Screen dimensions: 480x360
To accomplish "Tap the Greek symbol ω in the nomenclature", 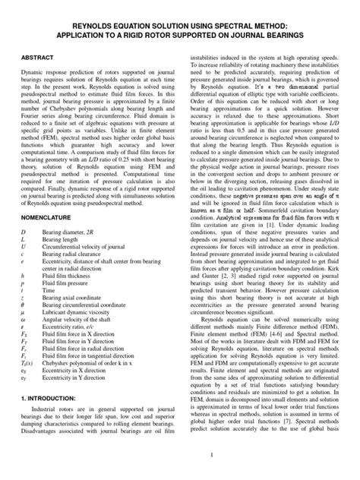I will pos(23,321).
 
